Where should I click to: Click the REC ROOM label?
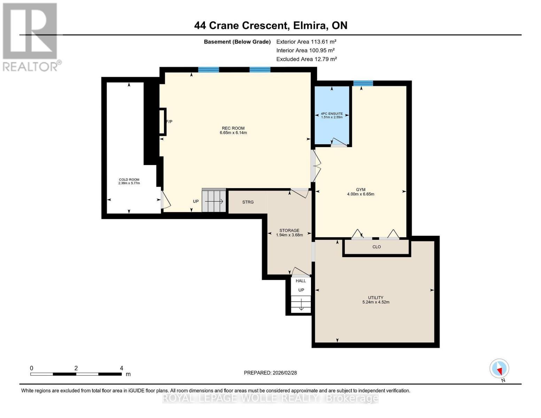pyautogui.click(x=233, y=128)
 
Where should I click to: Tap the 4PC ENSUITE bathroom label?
pyautogui.click(x=332, y=114)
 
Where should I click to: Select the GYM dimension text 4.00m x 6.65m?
pyautogui.click(x=361, y=194)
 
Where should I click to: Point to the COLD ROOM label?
pyautogui.click(x=129, y=180)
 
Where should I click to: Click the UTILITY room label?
pyautogui.click(x=376, y=297)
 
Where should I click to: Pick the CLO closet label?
pyautogui.click(x=377, y=247)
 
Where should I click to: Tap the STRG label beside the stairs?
pyautogui.click(x=248, y=202)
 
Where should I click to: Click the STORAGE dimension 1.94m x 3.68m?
pyautogui.click(x=289, y=235)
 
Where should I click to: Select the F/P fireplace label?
pyautogui.click(x=169, y=122)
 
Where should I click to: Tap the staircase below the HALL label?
pyautogui.click(x=301, y=304)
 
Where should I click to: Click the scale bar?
pyautogui.click(x=76, y=374)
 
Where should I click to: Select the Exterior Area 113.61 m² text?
pyautogui.click(x=306, y=42)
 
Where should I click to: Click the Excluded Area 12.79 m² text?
pyautogui.click(x=306, y=59)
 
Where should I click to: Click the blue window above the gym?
pyautogui.click(x=363, y=83)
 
